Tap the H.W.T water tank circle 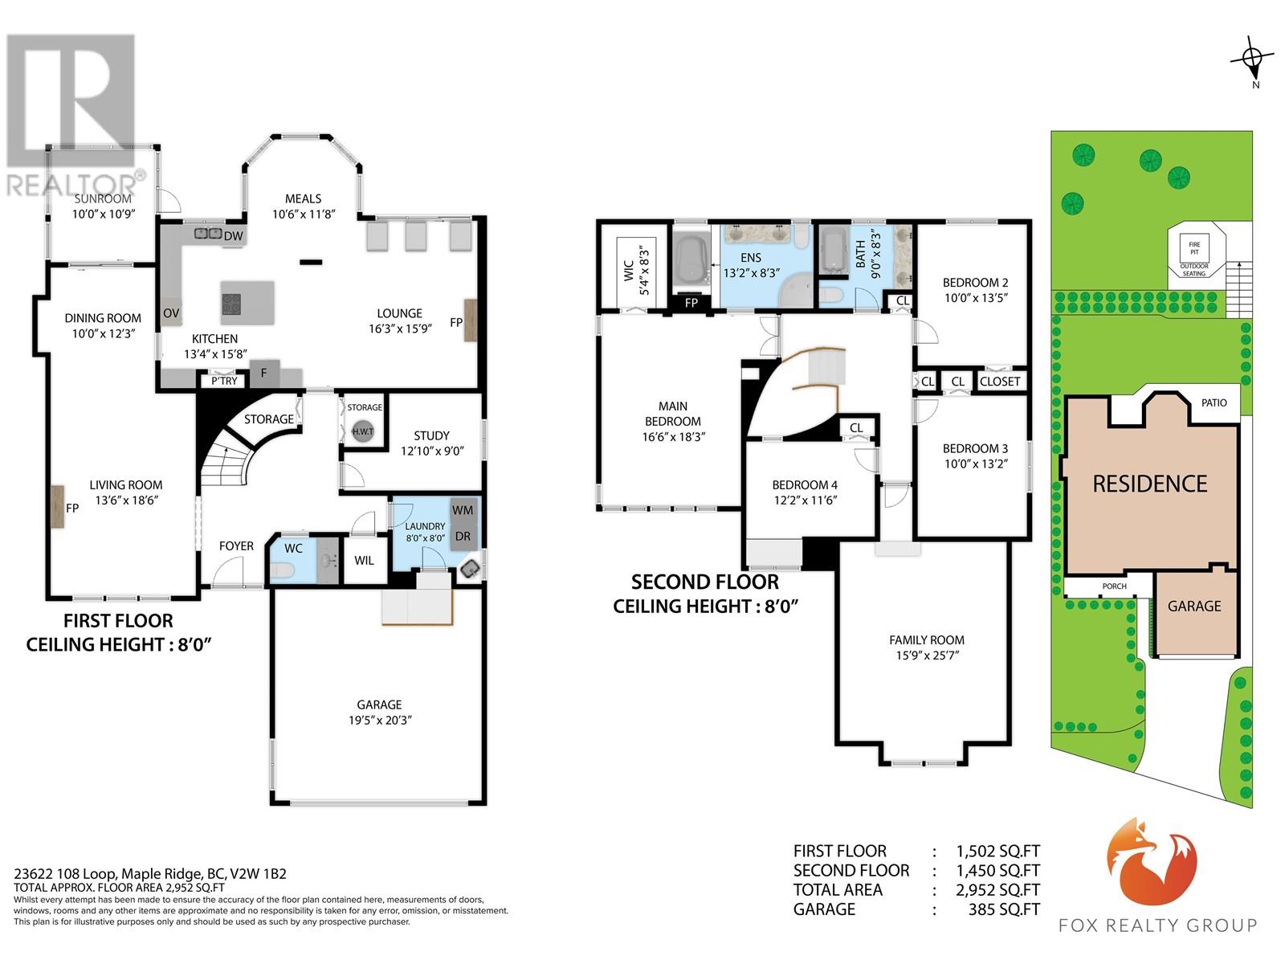tap(362, 431)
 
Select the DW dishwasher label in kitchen tap(234, 236)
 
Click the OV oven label tap(171, 313)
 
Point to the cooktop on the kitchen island tap(232, 304)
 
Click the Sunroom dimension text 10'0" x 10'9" tap(104, 214)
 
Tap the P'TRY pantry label tap(224, 381)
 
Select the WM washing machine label tap(463, 510)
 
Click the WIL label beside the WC tap(364, 560)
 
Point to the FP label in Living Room tap(72, 508)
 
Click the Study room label tap(431, 435)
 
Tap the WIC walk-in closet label tap(629, 271)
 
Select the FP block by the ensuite tap(691, 303)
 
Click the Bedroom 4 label tap(805, 484)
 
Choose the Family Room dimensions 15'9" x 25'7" tap(927, 655)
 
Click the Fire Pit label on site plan tap(1194, 248)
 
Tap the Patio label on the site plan tap(1214, 402)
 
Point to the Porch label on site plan tap(1114, 586)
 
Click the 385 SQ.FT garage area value tap(1004, 909)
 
